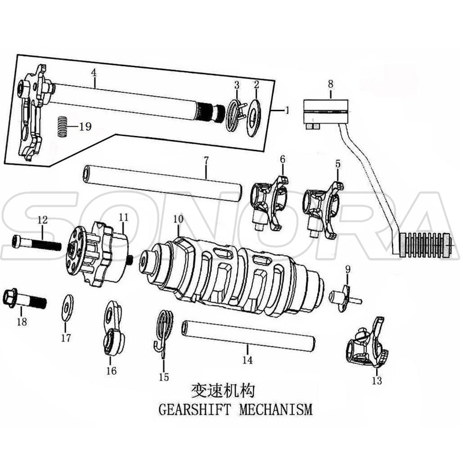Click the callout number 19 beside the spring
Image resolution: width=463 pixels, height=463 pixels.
coord(84,127)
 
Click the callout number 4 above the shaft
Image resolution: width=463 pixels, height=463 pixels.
coord(93,73)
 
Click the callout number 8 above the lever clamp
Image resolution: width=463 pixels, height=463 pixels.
coord(330,84)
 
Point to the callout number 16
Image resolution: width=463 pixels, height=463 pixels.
coord(111,371)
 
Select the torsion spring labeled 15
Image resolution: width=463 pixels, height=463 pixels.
coord(164,330)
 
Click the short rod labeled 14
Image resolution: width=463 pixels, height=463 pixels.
coord(249,336)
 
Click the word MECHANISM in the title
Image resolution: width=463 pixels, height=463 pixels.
coord(273,410)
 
